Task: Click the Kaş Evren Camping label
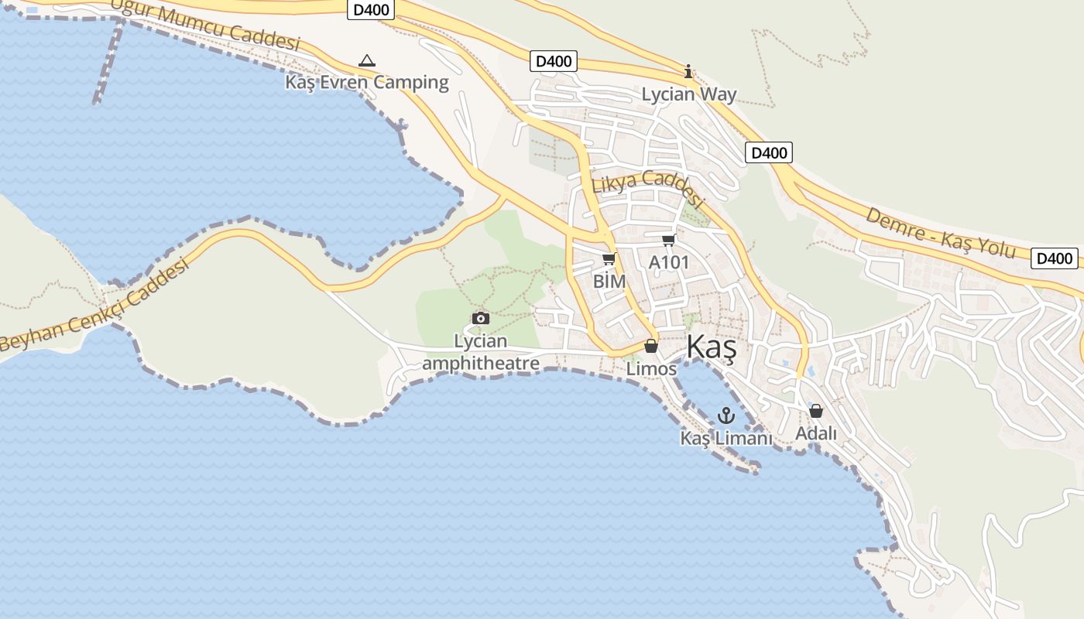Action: [x=367, y=82]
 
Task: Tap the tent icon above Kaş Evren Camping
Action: [x=367, y=60]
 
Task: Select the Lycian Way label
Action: [x=689, y=94]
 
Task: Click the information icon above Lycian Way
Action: [x=688, y=72]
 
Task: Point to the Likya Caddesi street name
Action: [x=649, y=188]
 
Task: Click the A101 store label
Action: [x=668, y=262]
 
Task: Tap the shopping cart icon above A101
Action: [x=668, y=241]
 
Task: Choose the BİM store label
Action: [x=609, y=282]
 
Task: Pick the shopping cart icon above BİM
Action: [x=609, y=258]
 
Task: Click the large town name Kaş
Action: [x=711, y=347]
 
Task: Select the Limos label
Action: [x=651, y=369]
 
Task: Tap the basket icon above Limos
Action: [x=651, y=346]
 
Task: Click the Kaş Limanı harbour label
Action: [x=726, y=438]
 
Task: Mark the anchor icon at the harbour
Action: [x=726, y=416]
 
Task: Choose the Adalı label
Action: [x=816, y=433]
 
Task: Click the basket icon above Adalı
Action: [x=816, y=411]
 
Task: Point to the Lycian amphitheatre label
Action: [x=481, y=352]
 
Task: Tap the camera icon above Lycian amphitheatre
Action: [x=481, y=318]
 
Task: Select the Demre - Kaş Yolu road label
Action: [x=940, y=232]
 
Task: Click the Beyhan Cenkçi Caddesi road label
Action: [x=94, y=306]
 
